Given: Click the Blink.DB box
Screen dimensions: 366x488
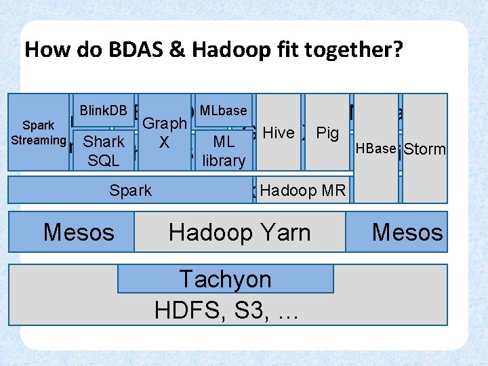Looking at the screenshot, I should pos(104,110).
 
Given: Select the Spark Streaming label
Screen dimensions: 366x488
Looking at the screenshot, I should pos(39,134).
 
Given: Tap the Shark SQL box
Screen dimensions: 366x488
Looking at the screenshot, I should pos(104,151).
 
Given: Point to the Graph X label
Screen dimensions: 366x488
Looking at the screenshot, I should pos(165,133).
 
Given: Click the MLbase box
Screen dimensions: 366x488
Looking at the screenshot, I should pos(223,110).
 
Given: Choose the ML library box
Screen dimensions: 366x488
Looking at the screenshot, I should pos(223,151).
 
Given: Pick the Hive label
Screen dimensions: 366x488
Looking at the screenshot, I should pos(278,133).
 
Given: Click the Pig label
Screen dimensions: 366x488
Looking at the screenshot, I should pos(327,133).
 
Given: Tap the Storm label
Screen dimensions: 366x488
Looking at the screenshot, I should pos(425,148).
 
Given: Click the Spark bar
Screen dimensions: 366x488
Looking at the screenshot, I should pos(130,190).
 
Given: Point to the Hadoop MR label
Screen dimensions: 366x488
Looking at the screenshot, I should pos(302,190).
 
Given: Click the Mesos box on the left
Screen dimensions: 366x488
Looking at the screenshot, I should pos(79,232).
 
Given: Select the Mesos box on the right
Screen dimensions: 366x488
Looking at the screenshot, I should pos(407,232).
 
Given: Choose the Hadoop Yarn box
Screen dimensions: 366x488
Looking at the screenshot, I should pos(239,232).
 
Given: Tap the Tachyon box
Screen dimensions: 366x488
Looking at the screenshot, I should pos(225,279).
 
